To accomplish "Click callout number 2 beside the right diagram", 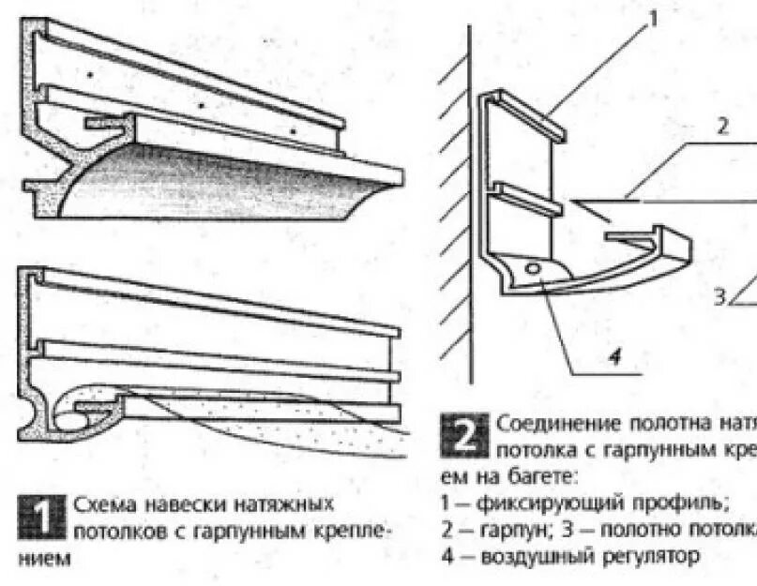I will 722,128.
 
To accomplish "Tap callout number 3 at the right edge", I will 719,297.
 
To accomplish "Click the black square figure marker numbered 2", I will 465,435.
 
